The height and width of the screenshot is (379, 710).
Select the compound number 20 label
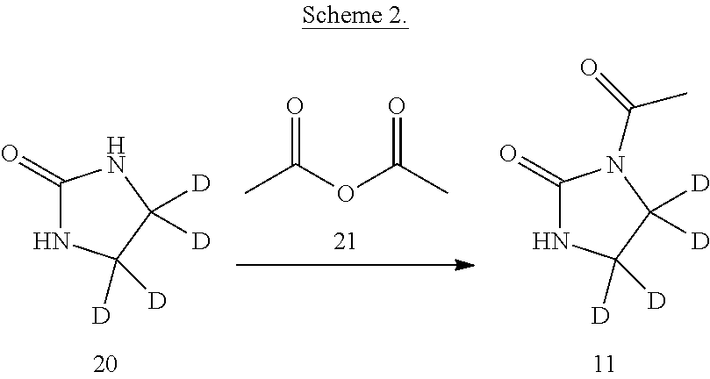click(x=105, y=363)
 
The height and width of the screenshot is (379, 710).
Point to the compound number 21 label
click(x=344, y=241)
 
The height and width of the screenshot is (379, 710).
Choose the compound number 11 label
click(x=604, y=363)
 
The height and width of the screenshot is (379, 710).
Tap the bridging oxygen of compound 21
click(x=345, y=193)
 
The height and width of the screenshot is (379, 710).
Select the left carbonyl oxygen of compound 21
click(x=294, y=107)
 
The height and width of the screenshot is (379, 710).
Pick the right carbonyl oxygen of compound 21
click(x=396, y=107)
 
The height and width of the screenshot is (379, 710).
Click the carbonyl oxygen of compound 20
click(x=10, y=153)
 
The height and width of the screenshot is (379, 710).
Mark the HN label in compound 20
click(x=52, y=241)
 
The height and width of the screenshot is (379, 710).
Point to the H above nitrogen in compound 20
click(x=116, y=147)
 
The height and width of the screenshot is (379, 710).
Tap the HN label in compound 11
click(x=550, y=241)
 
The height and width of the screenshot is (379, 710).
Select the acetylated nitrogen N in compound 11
click(x=615, y=164)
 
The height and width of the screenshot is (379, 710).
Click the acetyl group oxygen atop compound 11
click(x=589, y=68)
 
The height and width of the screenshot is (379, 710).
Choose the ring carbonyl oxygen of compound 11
click(x=508, y=153)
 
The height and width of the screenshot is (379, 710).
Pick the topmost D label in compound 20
click(x=201, y=184)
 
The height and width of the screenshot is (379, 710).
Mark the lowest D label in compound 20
click(x=101, y=316)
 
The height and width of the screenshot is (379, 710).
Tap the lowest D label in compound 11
click(x=600, y=316)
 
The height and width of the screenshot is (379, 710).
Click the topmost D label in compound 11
click(x=700, y=184)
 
